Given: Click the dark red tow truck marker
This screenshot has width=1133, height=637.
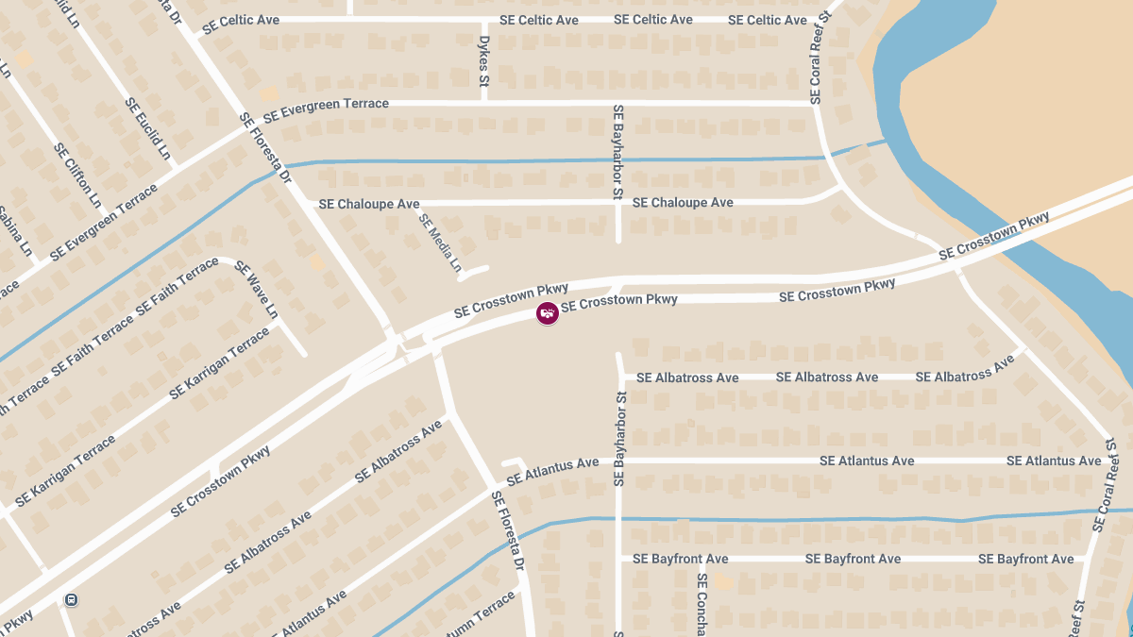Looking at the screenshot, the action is [547, 313].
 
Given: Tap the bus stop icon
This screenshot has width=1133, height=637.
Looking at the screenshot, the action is [71, 599].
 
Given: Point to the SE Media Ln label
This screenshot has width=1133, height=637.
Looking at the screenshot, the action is [440, 243].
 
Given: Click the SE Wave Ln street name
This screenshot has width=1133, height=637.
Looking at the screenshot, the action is [257, 289].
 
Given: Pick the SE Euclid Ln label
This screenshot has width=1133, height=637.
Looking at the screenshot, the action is [148, 128].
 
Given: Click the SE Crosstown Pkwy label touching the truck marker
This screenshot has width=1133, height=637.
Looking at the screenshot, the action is [619, 301].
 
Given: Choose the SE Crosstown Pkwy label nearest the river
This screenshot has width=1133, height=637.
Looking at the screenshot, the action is [994, 237].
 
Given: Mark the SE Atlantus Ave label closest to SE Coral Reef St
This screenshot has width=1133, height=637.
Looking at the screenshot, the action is [1054, 461].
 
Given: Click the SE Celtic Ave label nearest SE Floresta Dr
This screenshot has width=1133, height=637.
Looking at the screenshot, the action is [241, 21].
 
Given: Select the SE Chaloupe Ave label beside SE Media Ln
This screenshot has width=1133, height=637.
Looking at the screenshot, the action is [369, 204].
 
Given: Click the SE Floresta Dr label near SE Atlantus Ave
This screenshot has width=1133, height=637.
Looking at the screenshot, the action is [507, 529].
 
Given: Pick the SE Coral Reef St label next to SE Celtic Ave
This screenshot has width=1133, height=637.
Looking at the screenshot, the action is [819, 58].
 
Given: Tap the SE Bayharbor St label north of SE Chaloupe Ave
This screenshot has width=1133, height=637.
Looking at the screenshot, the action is [618, 152].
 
